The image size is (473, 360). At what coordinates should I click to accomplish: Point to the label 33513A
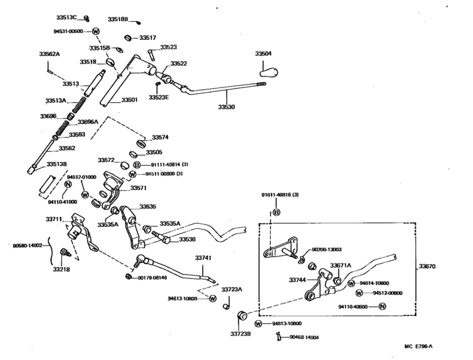[x=56, y=101]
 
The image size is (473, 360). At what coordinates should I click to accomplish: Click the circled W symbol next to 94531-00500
[x=96, y=31]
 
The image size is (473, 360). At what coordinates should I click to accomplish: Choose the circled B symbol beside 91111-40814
[x=128, y=165]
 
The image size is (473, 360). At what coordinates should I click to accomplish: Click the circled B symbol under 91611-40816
[x=276, y=212]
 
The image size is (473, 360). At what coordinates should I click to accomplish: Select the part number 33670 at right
[x=427, y=265]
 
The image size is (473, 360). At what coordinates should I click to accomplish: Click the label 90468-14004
[x=304, y=337]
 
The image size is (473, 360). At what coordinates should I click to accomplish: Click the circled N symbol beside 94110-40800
[x=382, y=307]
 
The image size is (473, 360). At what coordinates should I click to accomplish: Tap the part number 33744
[x=297, y=280]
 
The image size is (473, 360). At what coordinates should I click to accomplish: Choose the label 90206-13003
[x=326, y=249]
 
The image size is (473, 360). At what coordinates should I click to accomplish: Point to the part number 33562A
[x=49, y=54]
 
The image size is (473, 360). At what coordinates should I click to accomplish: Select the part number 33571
[x=138, y=188]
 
